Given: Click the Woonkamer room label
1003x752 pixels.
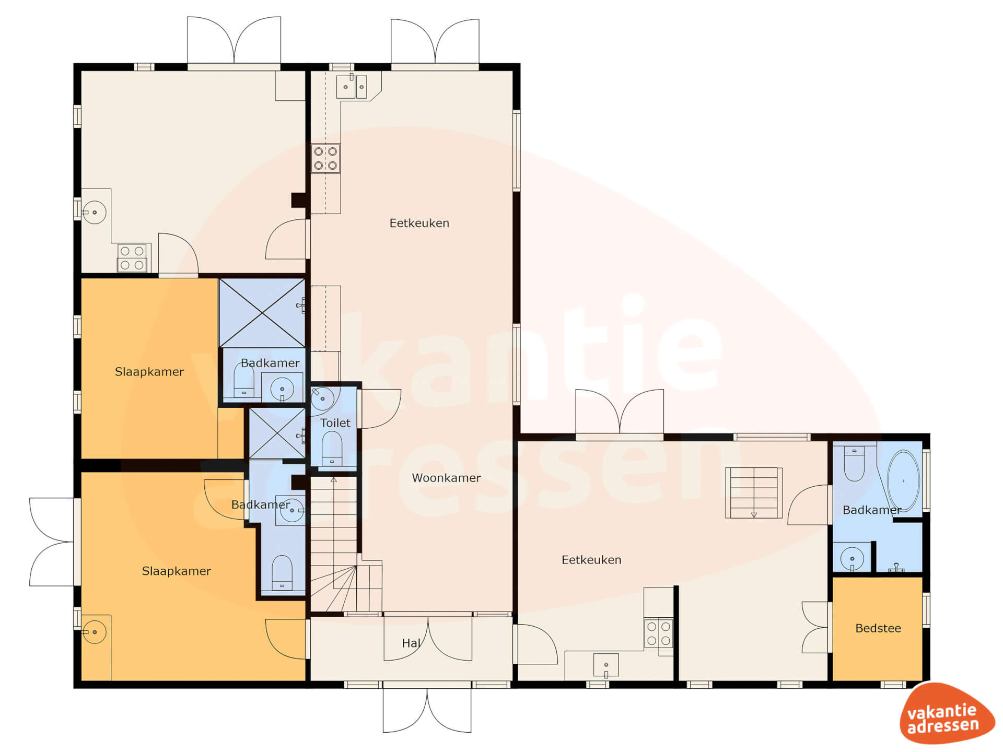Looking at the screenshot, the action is coord(446,478).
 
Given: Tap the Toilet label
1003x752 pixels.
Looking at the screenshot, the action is coord(335,423).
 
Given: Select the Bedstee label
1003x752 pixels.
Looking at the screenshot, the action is coord(878,628).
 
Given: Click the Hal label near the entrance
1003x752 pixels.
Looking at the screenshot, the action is coord(411,643).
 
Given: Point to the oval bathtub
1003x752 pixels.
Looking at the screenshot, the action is coord(903,481).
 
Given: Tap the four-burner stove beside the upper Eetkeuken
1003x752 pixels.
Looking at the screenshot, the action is coord(325,159).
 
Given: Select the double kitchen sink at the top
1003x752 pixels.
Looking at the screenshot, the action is coord(352,87).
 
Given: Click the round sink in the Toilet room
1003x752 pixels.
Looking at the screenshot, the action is coord(322,398).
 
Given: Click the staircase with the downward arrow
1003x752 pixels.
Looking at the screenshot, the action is coord(754,492).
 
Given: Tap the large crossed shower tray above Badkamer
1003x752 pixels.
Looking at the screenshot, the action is coord(262,313).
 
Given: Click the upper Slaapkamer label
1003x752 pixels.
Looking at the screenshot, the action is coord(149,372).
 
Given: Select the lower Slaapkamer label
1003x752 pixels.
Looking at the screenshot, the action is coord(177,571).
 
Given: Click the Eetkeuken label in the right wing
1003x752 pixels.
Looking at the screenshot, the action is coord(591,560).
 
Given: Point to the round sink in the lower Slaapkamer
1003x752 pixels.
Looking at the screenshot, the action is coord(95,632).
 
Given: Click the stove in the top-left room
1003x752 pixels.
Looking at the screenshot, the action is coord(132,257).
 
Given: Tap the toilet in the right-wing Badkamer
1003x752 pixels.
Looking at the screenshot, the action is coord(854,463).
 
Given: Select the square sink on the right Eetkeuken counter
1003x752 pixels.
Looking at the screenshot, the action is coord(606,665).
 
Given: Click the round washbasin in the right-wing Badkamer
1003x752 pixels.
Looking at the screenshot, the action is coord(852,558).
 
